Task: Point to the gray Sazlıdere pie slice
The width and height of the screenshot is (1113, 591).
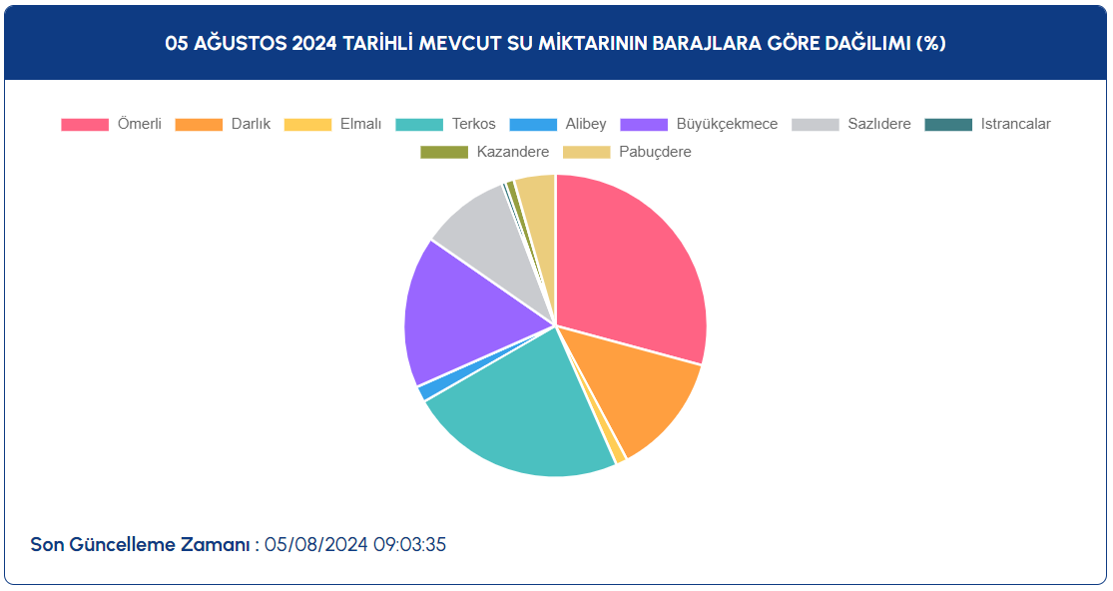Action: coord(497,242)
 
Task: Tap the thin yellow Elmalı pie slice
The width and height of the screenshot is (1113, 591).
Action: coord(618,455)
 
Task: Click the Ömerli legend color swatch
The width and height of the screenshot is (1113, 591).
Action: coord(85,124)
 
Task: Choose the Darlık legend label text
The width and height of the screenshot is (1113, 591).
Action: coord(251,124)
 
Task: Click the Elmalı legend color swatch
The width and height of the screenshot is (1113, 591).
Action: coord(307,124)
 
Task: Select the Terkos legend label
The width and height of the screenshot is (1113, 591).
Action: coord(473,124)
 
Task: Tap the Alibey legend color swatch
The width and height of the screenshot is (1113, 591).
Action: coord(533,124)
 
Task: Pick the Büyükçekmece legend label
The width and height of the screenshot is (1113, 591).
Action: coord(727,124)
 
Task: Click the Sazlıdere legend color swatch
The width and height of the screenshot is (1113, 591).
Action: coord(816,124)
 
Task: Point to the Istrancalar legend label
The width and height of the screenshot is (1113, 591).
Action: coord(1016,124)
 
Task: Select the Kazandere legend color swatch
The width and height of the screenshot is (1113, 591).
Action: coord(444,152)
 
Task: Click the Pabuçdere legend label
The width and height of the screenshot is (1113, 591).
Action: coord(655,152)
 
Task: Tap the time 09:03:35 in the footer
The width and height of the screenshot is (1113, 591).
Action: coord(409,545)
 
